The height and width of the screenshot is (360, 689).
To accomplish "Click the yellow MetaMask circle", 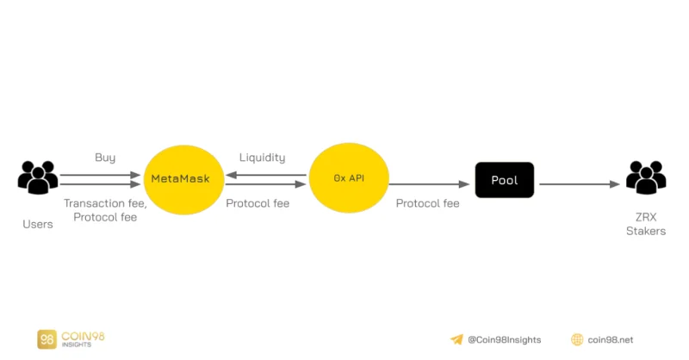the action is (x=183, y=180).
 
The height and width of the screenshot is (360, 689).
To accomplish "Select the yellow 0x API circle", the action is (x=349, y=178).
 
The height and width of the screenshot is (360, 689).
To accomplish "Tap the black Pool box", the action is (x=505, y=180).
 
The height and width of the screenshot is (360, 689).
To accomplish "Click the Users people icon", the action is (x=38, y=177).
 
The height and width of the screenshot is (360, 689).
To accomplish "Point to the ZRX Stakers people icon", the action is (x=646, y=177).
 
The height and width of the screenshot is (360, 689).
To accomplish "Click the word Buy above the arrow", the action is (x=105, y=158).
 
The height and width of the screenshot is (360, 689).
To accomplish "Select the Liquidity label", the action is (x=263, y=158).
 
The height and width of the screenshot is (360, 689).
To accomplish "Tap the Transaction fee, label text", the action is (x=105, y=203).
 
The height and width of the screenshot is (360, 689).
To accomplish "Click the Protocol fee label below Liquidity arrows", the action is (x=258, y=203).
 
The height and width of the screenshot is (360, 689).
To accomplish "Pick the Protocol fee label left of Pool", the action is (x=427, y=203).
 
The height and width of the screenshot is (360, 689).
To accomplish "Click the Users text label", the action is (x=38, y=224).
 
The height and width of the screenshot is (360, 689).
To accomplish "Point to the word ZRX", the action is (x=646, y=217).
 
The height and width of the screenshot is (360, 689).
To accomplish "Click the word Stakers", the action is (x=646, y=231).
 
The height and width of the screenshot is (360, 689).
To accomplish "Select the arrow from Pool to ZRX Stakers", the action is (x=580, y=184).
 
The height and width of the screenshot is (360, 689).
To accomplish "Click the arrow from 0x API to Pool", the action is (x=429, y=184).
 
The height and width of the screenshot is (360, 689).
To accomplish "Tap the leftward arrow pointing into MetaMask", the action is (x=266, y=175).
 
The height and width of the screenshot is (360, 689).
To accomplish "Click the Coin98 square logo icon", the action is (x=47, y=339).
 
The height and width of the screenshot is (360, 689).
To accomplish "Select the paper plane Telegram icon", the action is (x=457, y=339).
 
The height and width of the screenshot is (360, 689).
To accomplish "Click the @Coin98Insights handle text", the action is (x=505, y=340).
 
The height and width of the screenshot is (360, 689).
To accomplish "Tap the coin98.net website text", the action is (x=611, y=340).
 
